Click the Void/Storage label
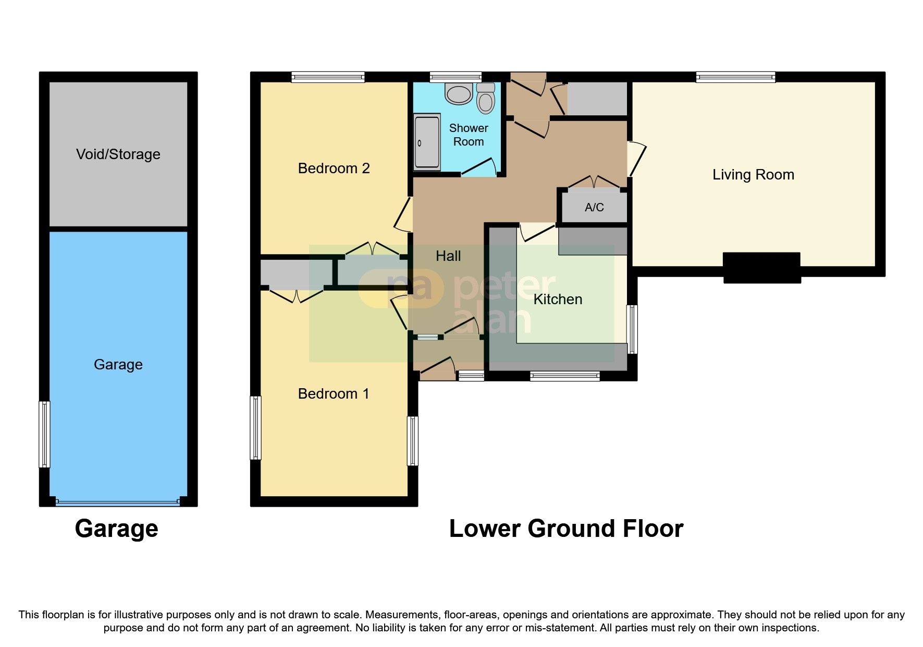[x=118, y=154]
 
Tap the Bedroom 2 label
[x=334, y=168]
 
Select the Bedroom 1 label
[x=334, y=393]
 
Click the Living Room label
[x=753, y=175]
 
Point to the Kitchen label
[x=558, y=299]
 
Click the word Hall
[x=448, y=256]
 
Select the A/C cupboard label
[x=594, y=208]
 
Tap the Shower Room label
[x=469, y=135]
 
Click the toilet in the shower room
[x=486, y=99]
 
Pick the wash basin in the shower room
[x=459, y=93]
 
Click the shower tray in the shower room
[x=427, y=142]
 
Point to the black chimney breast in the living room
[x=762, y=267]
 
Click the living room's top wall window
[x=735, y=77]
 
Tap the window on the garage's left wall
[x=45, y=434]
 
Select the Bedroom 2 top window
[x=328, y=77]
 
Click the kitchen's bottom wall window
[x=564, y=375]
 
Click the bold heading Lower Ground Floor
[x=566, y=529]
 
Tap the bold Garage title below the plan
[x=116, y=529]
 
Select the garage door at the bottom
[x=118, y=502]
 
